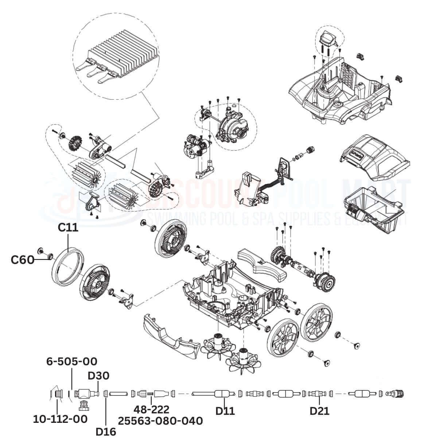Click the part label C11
point(68,228)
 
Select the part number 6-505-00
point(72,362)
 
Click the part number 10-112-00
point(60,419)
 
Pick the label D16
point(106,432)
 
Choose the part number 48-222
point(151,410)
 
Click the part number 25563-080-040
point(160,421)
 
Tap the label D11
point(225,411)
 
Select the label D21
point(319,411)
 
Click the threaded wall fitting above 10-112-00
point(57,394)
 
